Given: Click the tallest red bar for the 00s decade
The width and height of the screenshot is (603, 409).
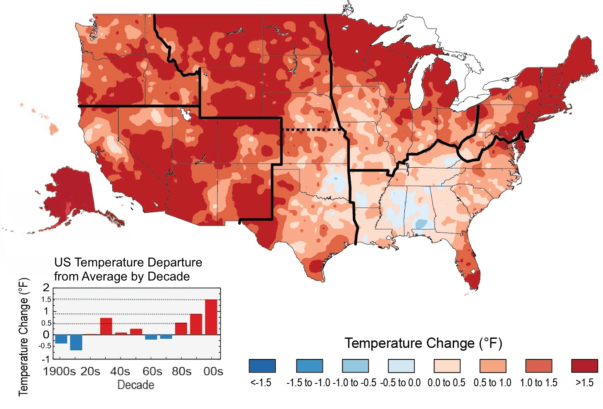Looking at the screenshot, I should (x=211, y=317).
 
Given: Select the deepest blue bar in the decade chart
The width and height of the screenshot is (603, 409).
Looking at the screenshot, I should (x=76, y=342).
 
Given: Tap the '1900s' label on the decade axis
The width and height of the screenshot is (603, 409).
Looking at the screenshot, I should (x=59, y=371).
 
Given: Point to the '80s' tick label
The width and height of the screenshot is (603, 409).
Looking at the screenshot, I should (x=181, y=371).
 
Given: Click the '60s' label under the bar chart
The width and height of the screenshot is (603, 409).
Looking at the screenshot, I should (x=152, y=371).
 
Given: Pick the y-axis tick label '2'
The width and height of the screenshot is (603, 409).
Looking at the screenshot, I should (x=46, y=288).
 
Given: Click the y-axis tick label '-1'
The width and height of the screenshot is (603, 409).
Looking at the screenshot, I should (x=45, y=359).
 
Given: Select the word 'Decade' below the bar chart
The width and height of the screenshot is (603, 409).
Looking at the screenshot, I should (x=136, y=385).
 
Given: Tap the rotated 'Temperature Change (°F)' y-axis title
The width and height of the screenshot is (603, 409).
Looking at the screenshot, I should (x=24, y=337).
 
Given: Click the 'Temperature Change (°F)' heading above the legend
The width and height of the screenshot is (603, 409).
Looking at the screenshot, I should (x=423, y=343).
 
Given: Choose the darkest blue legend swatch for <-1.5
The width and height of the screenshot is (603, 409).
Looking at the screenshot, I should (x=262, y=366).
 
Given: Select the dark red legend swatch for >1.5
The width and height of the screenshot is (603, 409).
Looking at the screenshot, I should (x=584, y=366).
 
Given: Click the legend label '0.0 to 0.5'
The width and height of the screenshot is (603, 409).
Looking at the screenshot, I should (x=446, y=383).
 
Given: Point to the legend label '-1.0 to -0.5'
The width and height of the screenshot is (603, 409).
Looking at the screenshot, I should (x=354, y=383).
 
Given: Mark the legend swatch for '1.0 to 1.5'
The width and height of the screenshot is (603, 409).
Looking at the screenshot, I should (x=539, y=366).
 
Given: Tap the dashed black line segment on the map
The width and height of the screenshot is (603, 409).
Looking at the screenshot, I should (x=312, y=130).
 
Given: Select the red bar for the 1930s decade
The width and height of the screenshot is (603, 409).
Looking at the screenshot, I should (x=106, y=326).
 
